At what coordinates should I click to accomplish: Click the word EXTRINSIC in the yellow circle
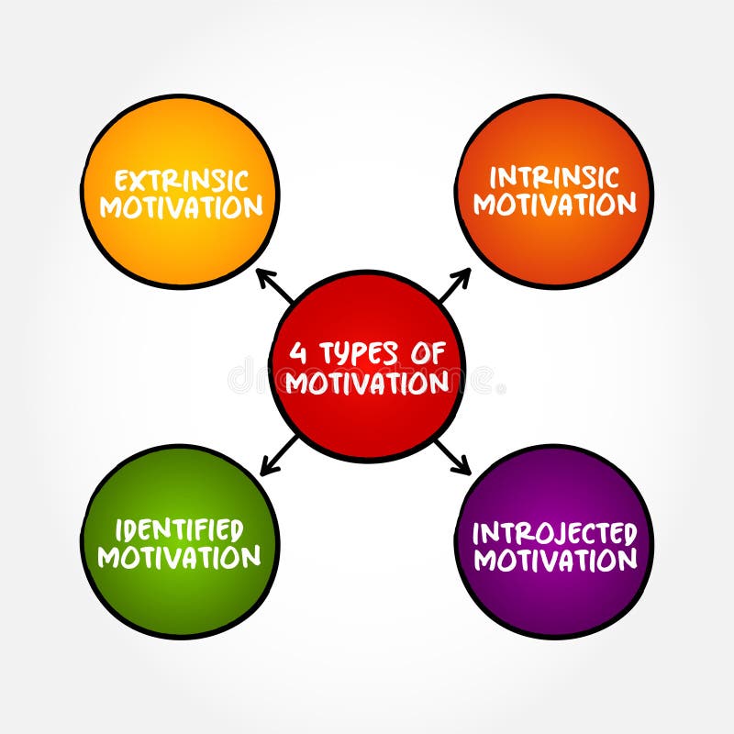tap(180, 180)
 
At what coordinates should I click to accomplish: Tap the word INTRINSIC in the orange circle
tap(554, 176)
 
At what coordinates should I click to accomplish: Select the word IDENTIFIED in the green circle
tap(179, 530)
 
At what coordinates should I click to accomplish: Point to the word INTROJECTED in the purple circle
tap(554, 533)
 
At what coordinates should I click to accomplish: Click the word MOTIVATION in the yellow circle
tap(181, 207)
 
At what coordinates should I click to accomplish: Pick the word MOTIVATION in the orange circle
tap(554, 204)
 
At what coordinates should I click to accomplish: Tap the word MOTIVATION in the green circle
tap(179, 556)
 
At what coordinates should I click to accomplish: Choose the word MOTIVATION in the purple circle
tap(555, 559)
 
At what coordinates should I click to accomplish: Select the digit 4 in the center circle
tap(297, 353)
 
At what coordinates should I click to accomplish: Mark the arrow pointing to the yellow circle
tap(274, 286)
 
